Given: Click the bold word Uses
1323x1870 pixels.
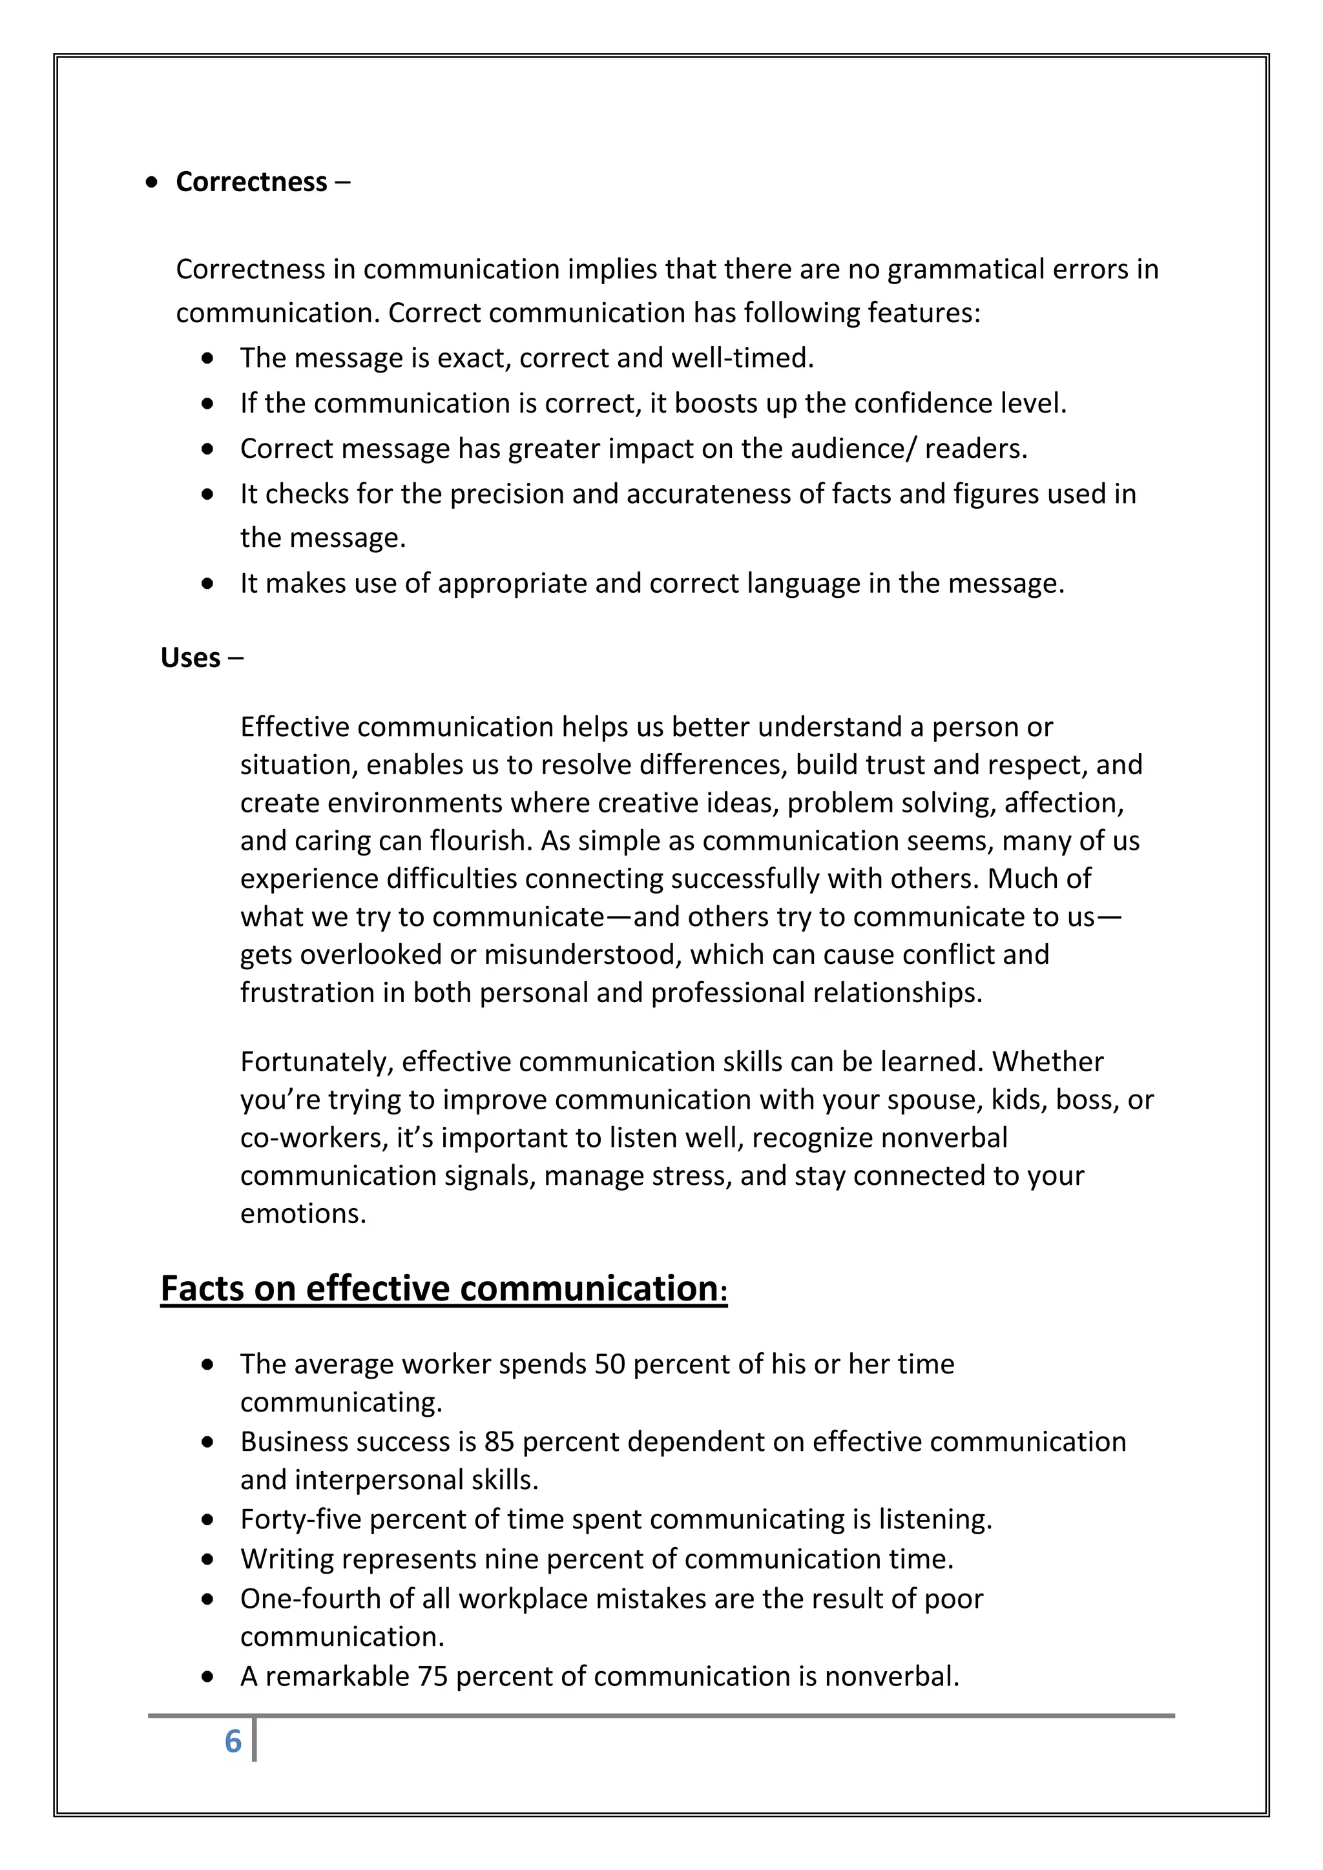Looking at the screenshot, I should click(x=190, y=657).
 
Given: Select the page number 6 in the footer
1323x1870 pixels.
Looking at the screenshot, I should click(x=233, y=1742).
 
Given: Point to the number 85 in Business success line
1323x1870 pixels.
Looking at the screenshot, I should click(x=499, y=1442).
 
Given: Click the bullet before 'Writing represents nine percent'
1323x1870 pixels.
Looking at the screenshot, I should click(x=209, y=1559).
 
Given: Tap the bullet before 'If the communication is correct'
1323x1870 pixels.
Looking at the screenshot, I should click(x=209, y=403).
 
